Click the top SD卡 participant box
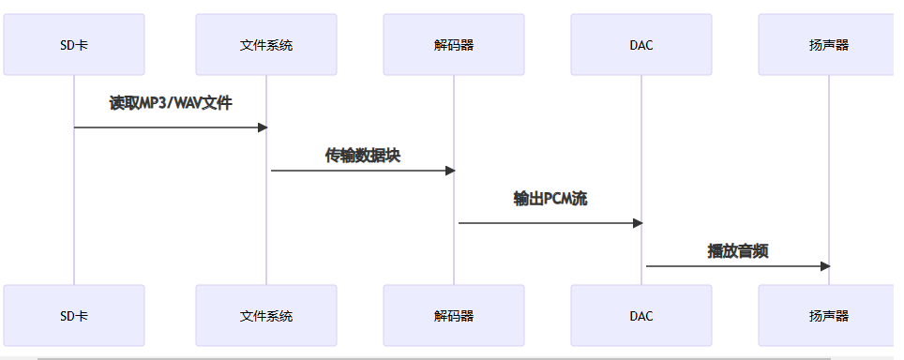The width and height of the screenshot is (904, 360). [74, 44]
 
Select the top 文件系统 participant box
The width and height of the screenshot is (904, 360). [266, 44]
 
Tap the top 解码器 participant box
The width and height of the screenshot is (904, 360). [454, 44]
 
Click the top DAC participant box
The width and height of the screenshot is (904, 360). [641, 44]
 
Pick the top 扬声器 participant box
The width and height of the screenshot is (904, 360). [829, 44]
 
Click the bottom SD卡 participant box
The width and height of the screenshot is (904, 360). [74, 316]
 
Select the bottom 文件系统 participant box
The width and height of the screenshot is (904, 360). [266, 316]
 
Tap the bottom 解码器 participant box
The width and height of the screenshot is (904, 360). [454, 316]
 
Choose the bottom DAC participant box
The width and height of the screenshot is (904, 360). [641, 316]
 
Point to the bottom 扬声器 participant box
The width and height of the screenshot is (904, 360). [829, 316]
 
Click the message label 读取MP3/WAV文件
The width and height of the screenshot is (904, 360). [170, 103]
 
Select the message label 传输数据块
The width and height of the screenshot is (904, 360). [362, 156]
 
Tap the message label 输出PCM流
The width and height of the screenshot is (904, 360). [550, 199]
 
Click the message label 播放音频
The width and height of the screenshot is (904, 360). [737, 250]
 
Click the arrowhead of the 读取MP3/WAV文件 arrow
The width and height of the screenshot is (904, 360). [263, 127]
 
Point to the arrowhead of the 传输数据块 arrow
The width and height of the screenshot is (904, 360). [450, 171]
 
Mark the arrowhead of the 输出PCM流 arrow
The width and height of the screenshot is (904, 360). [638, 223]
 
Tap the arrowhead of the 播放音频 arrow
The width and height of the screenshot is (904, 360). [825, 266]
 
